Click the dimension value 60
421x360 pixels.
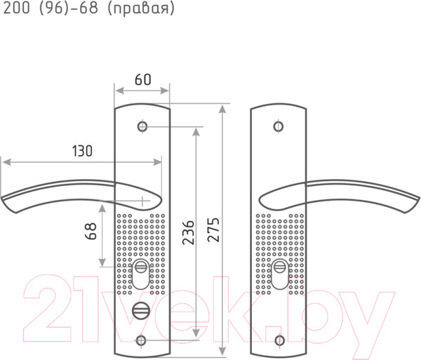(143, 79)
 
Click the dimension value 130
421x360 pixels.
(82, 151)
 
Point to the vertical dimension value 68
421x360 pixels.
(91, 231)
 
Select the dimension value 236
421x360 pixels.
(188, 232)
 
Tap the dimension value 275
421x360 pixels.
(214, 229)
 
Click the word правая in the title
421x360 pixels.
(141, 8)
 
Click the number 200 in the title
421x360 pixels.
(16, 8)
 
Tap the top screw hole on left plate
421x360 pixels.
(142, 126)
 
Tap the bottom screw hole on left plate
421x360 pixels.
(141, 340)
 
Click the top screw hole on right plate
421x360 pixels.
(278, 126)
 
